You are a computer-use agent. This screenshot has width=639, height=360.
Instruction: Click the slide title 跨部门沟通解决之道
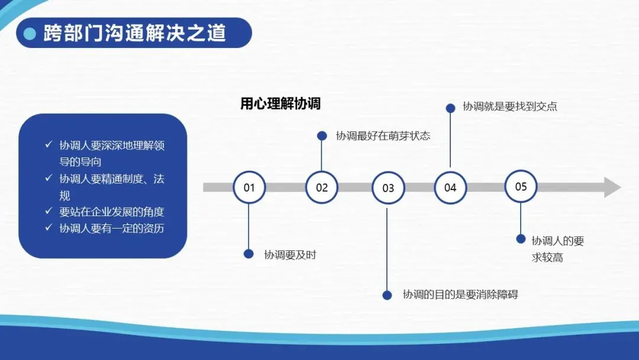point(134,33)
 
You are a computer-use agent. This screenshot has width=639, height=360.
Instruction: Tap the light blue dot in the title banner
point(30,34)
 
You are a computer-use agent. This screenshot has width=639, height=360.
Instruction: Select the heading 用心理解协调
point(280,104)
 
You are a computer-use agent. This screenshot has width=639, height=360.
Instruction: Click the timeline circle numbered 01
point(249,188)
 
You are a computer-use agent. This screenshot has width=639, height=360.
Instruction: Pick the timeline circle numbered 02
point(321,188)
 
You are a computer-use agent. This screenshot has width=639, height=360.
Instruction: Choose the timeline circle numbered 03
point(388,188)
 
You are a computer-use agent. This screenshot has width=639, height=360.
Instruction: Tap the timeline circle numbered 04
point(450,188)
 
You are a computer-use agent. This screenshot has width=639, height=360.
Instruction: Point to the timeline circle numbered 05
point(521,187)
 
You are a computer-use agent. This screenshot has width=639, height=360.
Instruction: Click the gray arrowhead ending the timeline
point(612,187)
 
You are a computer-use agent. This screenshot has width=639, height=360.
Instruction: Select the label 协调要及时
point(290,255)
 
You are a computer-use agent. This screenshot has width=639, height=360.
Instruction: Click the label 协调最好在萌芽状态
point(383,136)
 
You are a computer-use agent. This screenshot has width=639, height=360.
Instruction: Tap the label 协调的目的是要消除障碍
point(460,294)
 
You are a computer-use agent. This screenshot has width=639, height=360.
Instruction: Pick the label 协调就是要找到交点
point(509,107)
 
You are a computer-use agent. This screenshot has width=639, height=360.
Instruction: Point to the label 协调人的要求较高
point(557,249)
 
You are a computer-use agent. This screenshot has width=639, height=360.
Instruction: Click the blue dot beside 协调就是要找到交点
point(450,108)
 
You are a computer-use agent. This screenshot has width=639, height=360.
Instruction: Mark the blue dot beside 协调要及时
point(248,253)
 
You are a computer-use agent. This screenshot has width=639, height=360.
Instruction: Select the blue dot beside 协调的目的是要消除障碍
point(387,295)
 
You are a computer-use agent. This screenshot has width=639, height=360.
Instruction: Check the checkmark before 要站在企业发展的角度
point(49,211)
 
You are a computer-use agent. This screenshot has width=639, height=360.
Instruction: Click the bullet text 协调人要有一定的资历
point(112,228)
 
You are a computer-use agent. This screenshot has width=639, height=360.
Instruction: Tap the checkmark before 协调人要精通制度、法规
point(49,178)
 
